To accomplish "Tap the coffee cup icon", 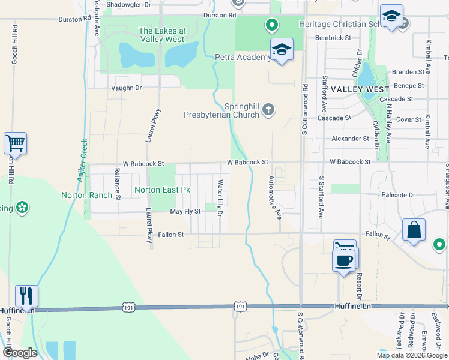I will pos(344,261).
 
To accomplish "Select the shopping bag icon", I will pos(414,230).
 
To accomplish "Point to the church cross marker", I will pos(268,110).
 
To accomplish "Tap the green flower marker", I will pos(23,208).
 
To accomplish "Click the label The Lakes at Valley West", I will pos(162,35).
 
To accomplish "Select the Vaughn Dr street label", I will pos(126,88).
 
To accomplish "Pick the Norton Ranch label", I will pos(86,195).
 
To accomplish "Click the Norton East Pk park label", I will pos(162,190).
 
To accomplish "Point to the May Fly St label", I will pos(185,212).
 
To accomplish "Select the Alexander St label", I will pos(350,139).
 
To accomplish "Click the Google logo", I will pos(20,353).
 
